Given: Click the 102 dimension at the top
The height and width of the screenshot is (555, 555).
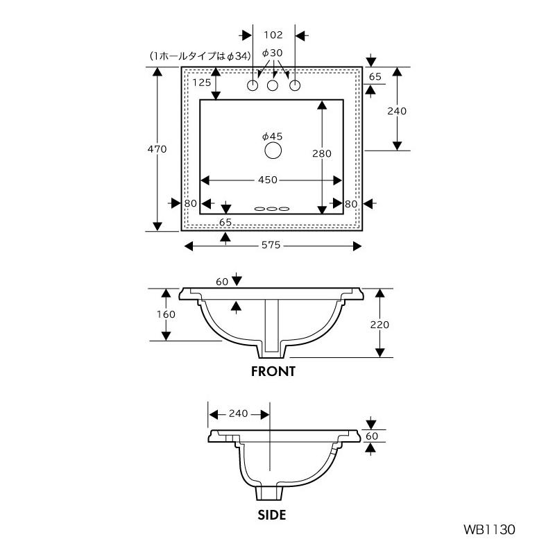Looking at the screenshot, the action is [x=273, y=35].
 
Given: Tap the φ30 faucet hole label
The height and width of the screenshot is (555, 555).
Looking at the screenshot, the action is [x=272, y=53].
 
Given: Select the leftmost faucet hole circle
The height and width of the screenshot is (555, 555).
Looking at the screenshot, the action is [x=253, y=85].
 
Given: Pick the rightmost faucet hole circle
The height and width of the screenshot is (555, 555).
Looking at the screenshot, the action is [x=296, y=85].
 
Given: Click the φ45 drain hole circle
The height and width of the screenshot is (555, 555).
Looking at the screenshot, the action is [x=273, y=151].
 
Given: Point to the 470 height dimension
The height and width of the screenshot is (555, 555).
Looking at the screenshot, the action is [x=157, y=149].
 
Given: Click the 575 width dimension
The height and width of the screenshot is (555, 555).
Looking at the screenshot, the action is [x=271, y=245].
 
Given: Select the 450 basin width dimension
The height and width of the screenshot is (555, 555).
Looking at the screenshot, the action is [x=268, y=180].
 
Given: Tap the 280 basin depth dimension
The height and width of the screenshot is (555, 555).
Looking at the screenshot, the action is [x=322, y=153].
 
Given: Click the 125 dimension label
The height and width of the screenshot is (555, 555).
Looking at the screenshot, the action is [x=201, y=83].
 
